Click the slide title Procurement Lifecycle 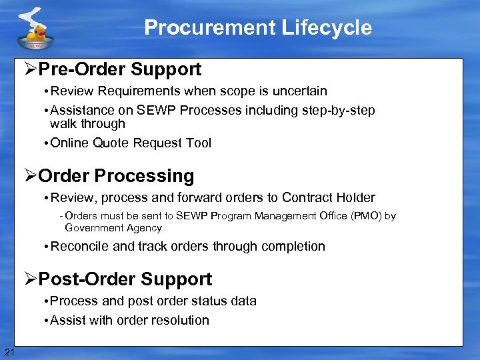[x=257, y=28]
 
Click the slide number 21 [x=9, y=352]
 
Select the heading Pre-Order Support [x=119, y=69]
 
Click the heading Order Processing [x=116, y=176]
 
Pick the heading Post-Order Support [x=125, y=279]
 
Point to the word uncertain [x=298, y=91]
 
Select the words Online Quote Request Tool [x=131, y=143]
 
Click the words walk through [x=87, y=124]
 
